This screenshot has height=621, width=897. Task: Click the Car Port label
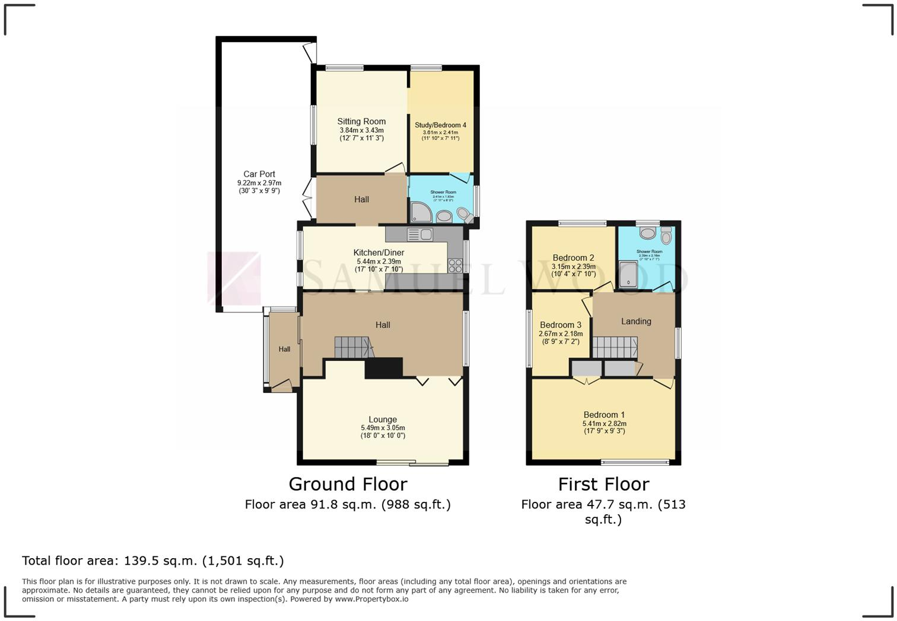click(259, 174)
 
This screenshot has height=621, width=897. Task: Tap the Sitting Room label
click(361, 121)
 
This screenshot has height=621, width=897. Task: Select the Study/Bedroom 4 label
click(440, 125)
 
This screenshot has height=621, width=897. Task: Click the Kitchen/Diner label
click(378, 253)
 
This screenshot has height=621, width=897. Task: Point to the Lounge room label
click(383, 420)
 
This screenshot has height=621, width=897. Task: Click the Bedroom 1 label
click(604, 415)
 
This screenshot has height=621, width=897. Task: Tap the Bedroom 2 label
click(573, 258)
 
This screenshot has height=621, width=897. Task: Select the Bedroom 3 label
click(561, 325)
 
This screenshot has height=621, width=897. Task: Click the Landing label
click(636, 321)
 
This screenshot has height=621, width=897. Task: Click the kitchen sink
click(420, 235)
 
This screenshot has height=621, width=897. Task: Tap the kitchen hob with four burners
click(455, 265)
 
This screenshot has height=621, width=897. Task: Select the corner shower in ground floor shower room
click(421, 212)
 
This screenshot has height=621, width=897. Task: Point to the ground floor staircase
click(352, 347)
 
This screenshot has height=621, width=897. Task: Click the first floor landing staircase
click(615, 348)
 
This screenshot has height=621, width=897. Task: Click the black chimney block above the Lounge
click(383, 368)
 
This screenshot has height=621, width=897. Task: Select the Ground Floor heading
click(348, 484)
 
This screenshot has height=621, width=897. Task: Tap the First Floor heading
click(603, 484)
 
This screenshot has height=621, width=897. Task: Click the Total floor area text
click(153, 561)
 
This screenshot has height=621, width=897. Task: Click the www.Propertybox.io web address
click(371, 599)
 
